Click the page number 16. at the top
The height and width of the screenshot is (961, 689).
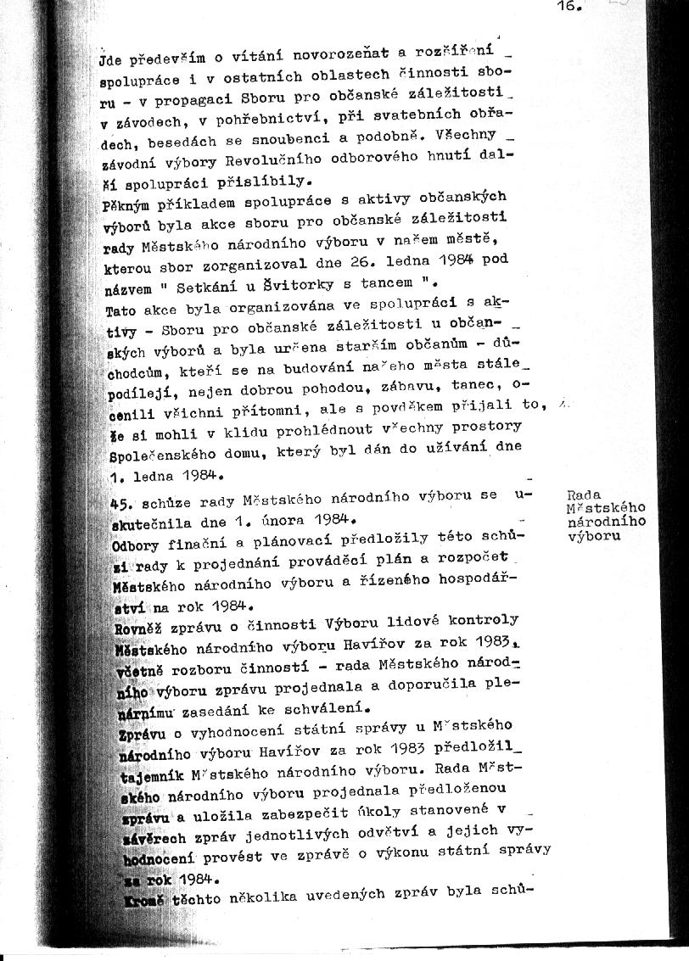coord(568,6)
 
